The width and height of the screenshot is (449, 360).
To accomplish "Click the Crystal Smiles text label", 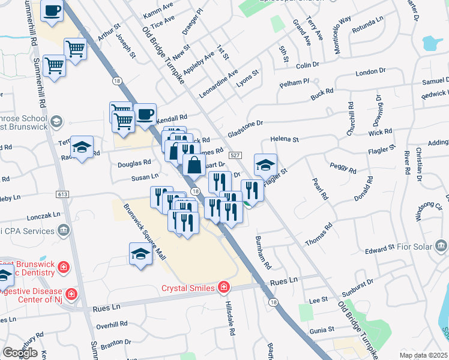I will (188, 288).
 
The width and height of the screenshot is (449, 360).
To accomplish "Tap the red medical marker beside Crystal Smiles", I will (224, 287).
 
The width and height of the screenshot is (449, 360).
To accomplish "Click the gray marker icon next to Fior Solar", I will (442, 245).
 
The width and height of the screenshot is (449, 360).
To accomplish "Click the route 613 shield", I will (62, 194).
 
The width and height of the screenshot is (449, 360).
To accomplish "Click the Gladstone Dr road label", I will (246, 127).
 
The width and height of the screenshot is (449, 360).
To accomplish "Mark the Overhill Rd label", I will (112, 325).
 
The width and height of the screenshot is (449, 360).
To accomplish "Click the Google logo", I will (20, 352).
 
